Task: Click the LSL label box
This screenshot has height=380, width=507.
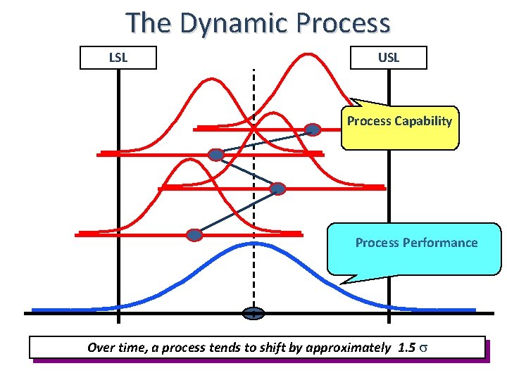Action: (118, 58)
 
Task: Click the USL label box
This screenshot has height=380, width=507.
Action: (388, 58)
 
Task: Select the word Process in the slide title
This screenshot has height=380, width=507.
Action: (343, 23)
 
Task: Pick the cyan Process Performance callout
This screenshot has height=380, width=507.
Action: (415, 248)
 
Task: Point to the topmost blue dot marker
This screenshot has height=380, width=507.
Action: (313, 129)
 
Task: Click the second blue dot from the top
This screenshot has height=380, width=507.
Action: (216, 154)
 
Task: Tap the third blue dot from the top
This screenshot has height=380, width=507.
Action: (278, 188)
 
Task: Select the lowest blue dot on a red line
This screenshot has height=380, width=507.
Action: (194, 234)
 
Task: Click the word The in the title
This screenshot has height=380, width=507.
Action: (149, 23)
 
